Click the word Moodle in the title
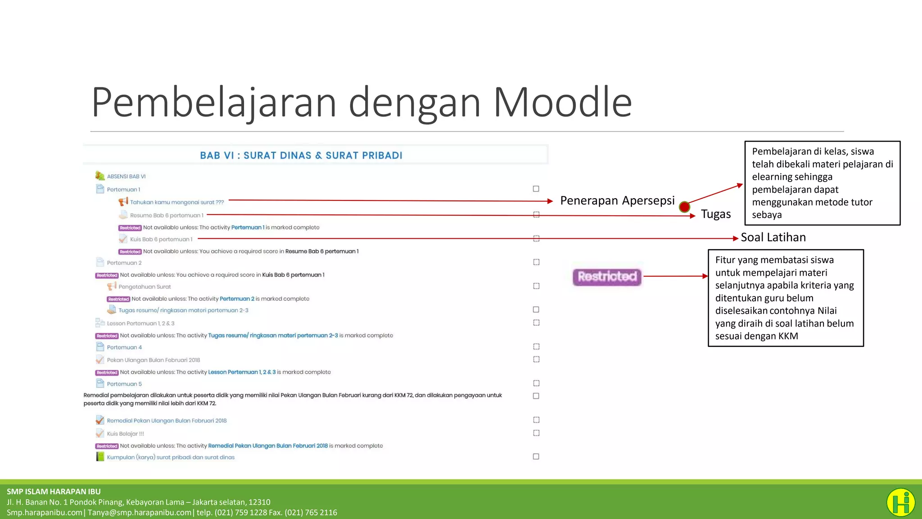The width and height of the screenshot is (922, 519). pos(562,103)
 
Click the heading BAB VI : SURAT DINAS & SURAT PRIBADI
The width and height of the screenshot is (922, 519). pos(301,155)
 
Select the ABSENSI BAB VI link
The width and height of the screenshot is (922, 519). pos(126,177)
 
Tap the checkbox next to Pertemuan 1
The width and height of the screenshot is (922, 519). pos(536,189)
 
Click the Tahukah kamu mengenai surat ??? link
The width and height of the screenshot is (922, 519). pos(177,202)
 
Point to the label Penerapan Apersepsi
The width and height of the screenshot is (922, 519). pos(617,200)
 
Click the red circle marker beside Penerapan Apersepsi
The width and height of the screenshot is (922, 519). pos(684,207)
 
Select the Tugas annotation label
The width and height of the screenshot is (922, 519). pos(715,214)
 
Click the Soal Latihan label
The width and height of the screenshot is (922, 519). pos(773,237)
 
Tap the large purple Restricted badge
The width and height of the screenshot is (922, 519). pos(607,277)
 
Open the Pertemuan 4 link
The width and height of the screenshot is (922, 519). pos(124,347)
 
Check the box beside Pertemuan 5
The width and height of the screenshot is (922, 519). pos(536,383)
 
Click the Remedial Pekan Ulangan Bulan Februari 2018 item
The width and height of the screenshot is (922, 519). pos(167,421)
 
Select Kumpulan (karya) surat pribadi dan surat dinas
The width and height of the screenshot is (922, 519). pos(171,457)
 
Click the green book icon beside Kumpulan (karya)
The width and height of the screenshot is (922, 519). pos(100,457)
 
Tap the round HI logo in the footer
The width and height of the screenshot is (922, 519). pos(900,502)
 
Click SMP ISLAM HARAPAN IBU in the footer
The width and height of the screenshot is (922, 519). pos(54,492)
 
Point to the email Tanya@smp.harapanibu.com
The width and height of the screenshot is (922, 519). pos(140,513)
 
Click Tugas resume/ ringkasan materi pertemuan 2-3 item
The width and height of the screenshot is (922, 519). pos(183,310)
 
